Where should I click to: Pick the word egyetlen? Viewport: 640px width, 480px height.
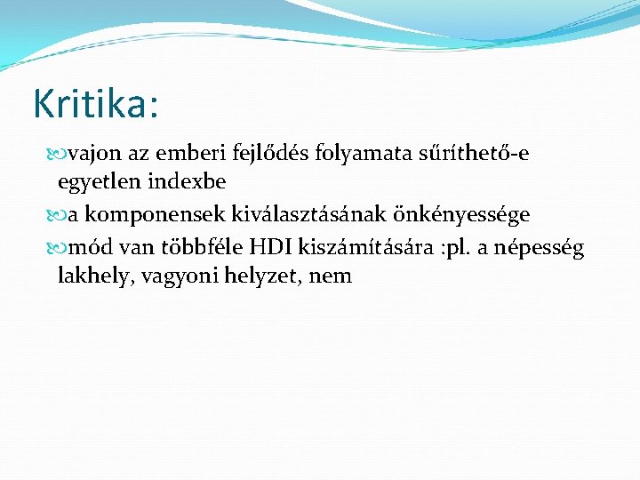[x=94, y=182]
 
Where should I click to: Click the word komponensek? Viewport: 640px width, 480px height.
[x=150, y=215]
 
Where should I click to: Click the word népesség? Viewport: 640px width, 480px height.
[x=538, y=247]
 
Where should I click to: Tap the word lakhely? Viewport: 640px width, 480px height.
[x=92, y=276]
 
